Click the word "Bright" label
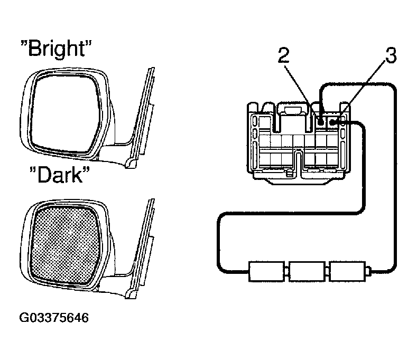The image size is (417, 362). (56, 49)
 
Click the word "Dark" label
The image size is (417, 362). (60, 175)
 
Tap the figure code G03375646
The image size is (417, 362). (54, 318)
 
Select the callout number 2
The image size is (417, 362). (283, 55)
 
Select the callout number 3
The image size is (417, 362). (391, 55)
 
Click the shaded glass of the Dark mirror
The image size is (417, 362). (64, 244)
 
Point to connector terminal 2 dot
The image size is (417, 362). (321, 122)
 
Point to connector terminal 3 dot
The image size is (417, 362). (332, 122)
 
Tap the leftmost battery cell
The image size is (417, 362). (266, 271)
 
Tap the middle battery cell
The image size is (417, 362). (307, 271)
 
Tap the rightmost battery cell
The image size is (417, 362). (347, 271)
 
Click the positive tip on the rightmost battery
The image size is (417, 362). (368, 271)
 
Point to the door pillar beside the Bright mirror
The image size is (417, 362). (142, 117)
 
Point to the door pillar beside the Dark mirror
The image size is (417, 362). (142, 249)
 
